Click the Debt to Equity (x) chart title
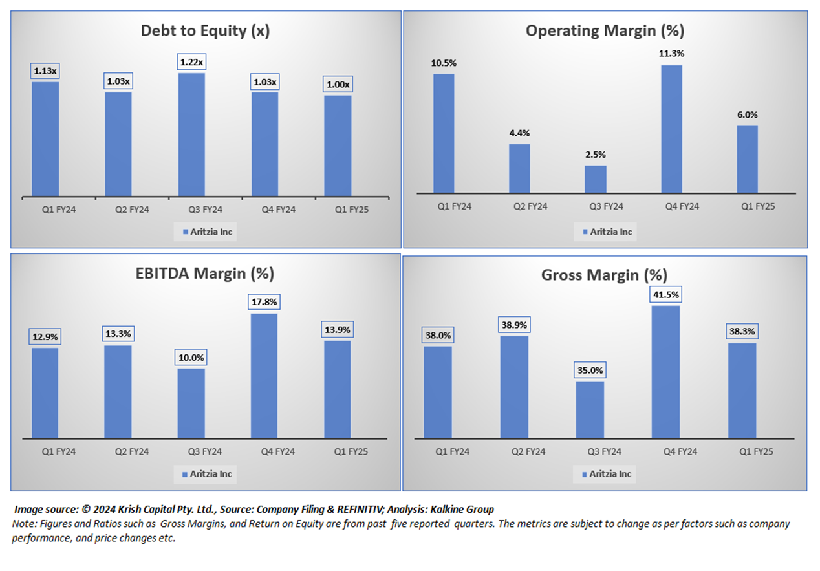click(x=206, y=31)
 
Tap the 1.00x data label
click(x=338, y=85)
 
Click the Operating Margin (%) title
click(x=605, y=30)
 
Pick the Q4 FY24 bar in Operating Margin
click(x=671, y=129)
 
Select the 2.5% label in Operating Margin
click(x=596, y=155)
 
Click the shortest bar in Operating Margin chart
click(x=596, y=179)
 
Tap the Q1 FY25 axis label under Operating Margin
click(x=748, y=206)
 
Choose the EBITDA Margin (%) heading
click(x=206, y=274)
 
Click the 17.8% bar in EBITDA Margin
click(x=264, y=376)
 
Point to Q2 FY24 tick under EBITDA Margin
click(x=118, y=451)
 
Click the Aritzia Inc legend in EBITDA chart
click(x=205, y=474)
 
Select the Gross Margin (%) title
click(x=604, y=275)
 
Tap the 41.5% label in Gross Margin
click(x=665, y=295)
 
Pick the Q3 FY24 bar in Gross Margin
click(x=590, y=409)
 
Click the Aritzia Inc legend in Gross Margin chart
click(x=604, y=474)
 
